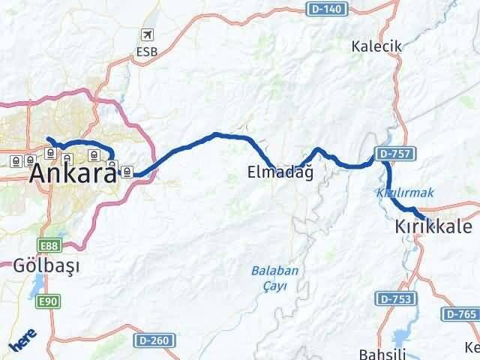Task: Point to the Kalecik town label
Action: point(376,46)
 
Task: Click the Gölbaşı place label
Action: point(46,266)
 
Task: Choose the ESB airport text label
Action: point(147,52)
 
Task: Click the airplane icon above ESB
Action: point(147,35)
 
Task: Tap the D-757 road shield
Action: point(394,154)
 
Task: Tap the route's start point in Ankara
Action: point(48,139)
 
